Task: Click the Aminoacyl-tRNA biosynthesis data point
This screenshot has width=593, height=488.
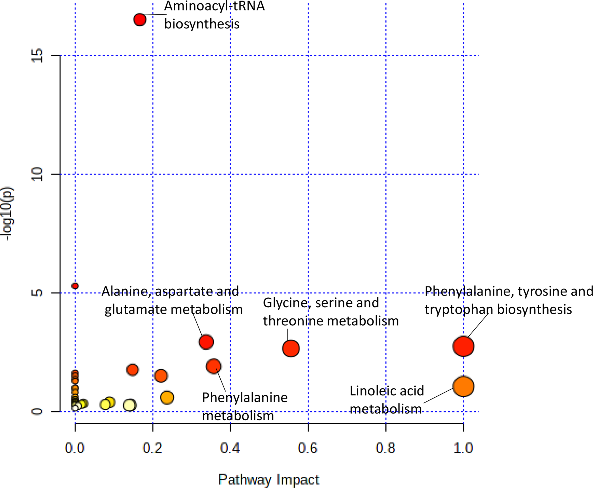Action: [140, 19]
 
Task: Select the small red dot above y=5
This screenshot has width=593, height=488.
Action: [75, 286]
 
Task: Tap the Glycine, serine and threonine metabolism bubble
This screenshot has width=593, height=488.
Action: [291, 348]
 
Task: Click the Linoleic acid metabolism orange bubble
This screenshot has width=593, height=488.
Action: [463, 386]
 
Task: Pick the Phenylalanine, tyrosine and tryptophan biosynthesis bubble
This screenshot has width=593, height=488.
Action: [463, 346]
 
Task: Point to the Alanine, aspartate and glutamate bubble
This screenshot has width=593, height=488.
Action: [206, 342]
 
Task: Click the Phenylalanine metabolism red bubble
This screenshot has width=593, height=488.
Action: [214, 366]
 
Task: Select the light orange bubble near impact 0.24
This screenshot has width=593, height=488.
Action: [167, 397]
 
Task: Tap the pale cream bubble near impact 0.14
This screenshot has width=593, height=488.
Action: [130, 405]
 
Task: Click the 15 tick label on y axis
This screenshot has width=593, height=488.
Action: [37, 55]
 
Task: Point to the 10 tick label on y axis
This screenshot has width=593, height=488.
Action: [37, 174]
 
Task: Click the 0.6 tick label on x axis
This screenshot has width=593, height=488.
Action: [308, 448]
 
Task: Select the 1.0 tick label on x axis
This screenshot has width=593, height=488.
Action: [463, 448]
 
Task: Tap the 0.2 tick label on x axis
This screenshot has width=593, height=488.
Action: [152, 448]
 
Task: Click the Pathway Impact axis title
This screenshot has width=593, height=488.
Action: [269, 479]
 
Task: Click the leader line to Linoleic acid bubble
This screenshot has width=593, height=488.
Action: [438, 395]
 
